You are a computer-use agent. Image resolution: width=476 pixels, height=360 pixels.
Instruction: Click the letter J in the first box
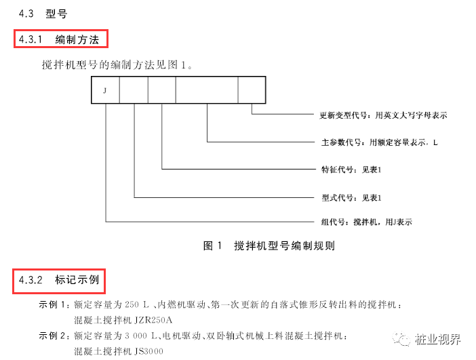[105, 89]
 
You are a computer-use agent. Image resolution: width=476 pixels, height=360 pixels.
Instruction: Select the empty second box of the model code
[134, 89]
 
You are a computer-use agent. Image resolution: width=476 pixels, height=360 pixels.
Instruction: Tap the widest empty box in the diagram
[207, 89]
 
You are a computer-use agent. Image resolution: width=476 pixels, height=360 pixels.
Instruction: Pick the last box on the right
[252, 89]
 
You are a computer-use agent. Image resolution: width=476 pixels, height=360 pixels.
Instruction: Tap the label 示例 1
[54, 306]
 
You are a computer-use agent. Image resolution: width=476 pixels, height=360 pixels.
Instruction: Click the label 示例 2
[54, 336]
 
